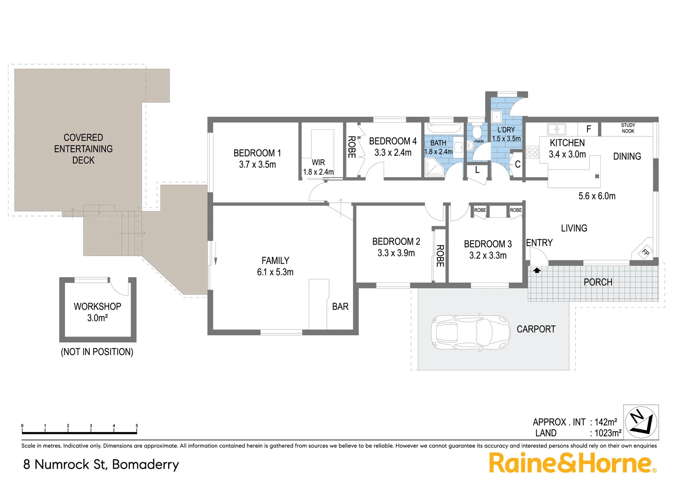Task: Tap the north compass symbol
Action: coord(641,422)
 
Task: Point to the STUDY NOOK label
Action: coord(628,128)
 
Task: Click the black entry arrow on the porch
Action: coord(536,270)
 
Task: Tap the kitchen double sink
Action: coord(557,129)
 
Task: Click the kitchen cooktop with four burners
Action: coord(532,152)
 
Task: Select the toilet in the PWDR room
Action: coord(477,132)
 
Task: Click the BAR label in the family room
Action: coord(340,307)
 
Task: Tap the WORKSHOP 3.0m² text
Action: coord(97,312)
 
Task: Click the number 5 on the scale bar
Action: coord(137,426)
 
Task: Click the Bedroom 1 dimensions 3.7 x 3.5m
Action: coord(258,165)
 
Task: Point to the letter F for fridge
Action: coord(589,129)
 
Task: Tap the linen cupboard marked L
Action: coord(477,170)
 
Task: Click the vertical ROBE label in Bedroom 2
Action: coord(440,256)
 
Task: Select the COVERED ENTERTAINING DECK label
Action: coord(83,149)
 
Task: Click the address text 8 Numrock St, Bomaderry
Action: coord(101,464)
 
